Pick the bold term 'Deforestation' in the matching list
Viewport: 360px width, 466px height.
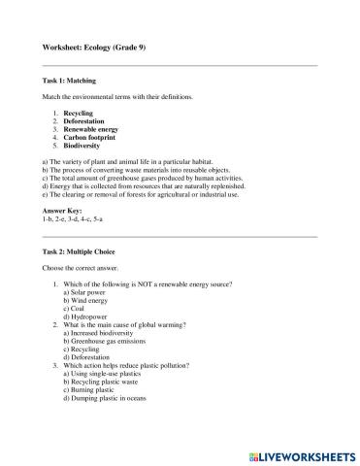(84, 121)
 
